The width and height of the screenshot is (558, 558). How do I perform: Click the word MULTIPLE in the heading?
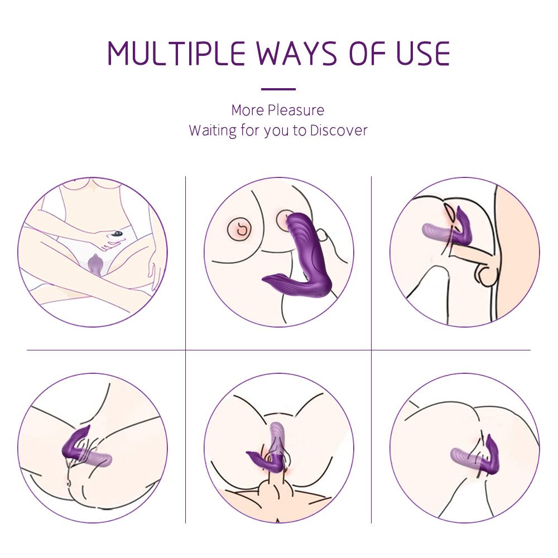coord(176,54)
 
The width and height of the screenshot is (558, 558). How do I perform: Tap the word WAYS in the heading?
coord(296,54)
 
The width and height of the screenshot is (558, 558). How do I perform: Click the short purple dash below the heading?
coord(278,89)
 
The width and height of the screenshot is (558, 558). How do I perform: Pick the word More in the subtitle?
coord(248,110)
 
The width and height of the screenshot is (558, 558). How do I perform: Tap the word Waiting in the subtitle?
coord(213,130)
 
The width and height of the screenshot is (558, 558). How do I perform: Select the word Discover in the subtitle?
coord(339,130)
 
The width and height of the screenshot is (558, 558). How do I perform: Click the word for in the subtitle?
coord(250,130)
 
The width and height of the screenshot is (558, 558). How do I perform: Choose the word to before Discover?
coord(300,131)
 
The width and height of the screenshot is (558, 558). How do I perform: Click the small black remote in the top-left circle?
coord(117,234)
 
